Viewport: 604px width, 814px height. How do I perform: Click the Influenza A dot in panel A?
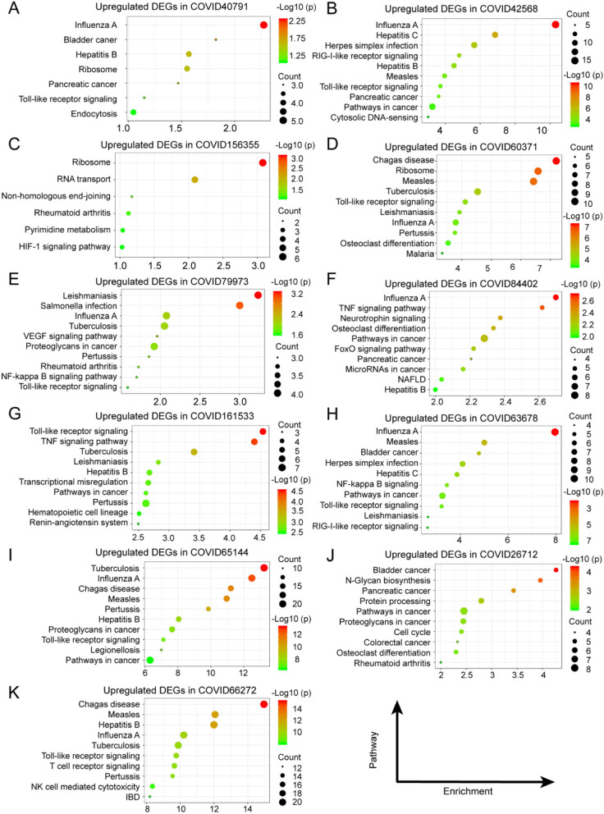click(263, 25)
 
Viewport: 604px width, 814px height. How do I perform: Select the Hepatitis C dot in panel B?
click(495, 34)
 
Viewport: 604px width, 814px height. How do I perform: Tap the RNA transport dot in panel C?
click(194, 180)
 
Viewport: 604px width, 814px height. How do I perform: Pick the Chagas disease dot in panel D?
click(556, 161)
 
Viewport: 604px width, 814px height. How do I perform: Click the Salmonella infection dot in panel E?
click(240, 305)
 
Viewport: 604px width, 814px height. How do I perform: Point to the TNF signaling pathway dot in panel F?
click(542, 307)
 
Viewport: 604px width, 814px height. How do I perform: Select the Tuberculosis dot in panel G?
click(194, 452)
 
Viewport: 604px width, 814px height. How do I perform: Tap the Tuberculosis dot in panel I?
click(264, 568)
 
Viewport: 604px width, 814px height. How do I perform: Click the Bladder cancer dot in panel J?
click(556, 569)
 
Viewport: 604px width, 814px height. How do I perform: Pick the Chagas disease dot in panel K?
click(263, 704)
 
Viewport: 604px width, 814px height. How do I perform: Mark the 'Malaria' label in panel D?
click(415, 254)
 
